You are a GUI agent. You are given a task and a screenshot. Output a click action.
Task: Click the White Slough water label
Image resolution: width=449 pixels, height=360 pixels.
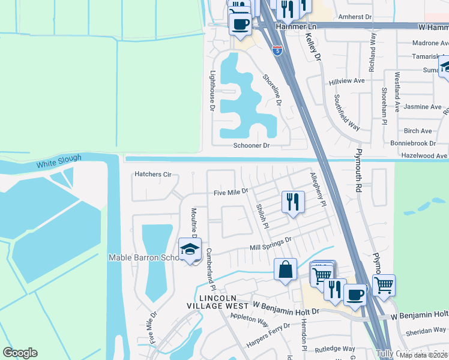click(59, 163)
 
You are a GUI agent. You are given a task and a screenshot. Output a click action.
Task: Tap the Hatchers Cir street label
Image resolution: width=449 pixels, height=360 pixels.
click(153, 175)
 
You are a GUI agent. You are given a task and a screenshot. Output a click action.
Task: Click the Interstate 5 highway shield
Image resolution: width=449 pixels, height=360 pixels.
click(277, 50)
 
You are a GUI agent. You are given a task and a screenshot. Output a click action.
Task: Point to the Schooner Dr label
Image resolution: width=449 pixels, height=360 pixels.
click(251, 146)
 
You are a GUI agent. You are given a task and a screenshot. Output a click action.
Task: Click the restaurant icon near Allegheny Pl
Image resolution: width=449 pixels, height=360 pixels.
click(292, 202)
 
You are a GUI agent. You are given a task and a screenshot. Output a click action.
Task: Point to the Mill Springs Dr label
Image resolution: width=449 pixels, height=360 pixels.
click(270, 244)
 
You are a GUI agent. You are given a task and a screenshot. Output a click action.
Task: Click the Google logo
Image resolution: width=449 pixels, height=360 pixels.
click(20, 353)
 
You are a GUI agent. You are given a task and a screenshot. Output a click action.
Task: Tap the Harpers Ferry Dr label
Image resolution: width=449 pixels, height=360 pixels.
click(268, 336)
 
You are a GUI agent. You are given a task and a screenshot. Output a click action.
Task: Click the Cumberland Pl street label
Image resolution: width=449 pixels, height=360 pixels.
click(211, 270)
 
